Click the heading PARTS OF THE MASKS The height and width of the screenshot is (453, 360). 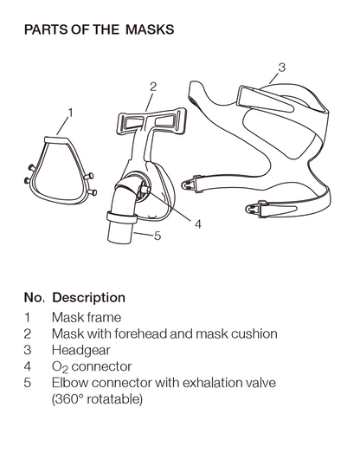(99, 29)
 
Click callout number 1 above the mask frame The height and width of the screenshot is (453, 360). (70, 113)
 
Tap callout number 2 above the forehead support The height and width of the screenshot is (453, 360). (153, 87)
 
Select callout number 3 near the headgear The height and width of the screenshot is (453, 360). (282, 68)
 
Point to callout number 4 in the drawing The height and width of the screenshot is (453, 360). (198, 223)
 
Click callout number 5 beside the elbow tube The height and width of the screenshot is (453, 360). (157, 236)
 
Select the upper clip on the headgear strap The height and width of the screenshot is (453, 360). (191, 184)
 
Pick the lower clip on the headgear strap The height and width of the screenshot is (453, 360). (256, 209)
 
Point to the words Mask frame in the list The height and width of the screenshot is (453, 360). (87, 318)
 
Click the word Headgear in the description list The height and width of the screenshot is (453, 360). (81, 351)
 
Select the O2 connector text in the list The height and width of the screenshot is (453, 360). (92, 367)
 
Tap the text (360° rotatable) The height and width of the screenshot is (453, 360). (97, 399)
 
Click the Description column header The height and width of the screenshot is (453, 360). (88, 298)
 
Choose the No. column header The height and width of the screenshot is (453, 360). (35, 298)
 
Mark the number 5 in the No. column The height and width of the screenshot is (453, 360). (28, 383)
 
